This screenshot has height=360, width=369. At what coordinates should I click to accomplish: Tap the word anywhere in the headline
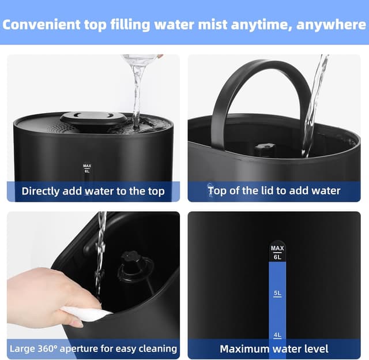click(329, 24)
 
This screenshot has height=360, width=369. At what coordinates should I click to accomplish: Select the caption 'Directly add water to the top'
click(93, 191)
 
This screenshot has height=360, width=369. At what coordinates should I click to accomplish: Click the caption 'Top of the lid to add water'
click(274, 190)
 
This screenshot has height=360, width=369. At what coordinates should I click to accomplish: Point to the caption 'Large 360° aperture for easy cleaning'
click(93, 348)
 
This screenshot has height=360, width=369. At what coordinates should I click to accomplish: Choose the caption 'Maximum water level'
click(274, 348)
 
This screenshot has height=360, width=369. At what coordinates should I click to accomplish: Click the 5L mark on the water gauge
click(277, 294)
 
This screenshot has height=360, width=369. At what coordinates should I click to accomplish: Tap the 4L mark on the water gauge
click(277, 334)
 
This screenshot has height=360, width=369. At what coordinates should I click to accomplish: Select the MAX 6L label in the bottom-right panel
click(277, 252)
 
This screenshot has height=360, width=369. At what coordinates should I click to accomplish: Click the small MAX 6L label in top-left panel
click(87, 168)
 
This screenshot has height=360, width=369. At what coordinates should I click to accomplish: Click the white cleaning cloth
click(86, 313)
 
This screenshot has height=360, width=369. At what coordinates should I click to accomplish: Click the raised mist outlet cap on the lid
click(93, 118)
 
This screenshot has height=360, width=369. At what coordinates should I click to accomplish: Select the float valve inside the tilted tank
click(136, 268)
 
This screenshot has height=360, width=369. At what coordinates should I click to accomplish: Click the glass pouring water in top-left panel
click(140, 59)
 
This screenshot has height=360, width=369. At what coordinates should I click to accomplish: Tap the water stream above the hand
click(100, 254)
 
